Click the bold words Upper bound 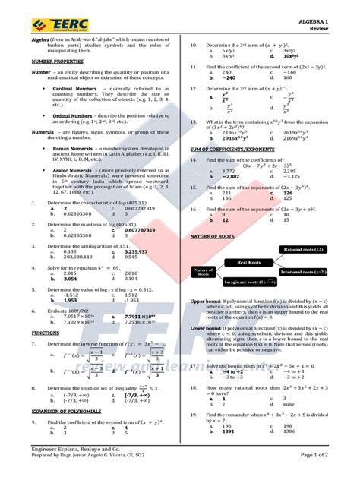[x=204, y=302]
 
